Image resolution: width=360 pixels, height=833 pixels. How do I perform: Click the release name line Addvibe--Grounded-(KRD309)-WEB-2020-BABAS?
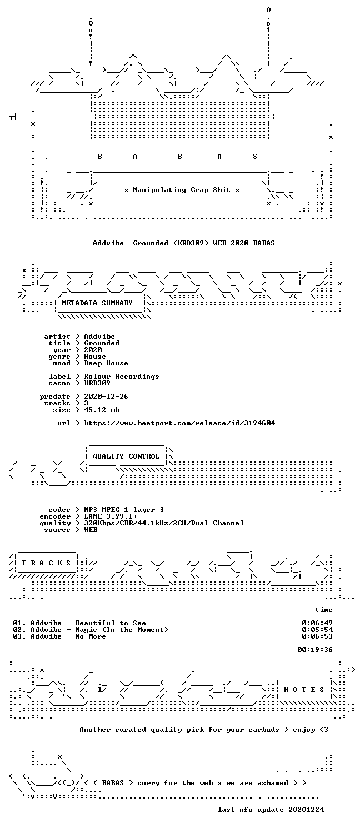pyautogui.click(x=184, y=243)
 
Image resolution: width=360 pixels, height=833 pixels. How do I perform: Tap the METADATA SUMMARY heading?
pyautogui.click(x=97, y=303)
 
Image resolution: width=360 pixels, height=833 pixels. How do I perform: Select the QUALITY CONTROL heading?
pyautogui.click(x=126, y=456)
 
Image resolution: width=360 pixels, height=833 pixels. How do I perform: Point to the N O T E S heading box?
pyautogui.click(x=304, y=690)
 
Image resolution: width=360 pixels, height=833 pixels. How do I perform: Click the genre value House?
pyautogui.click(x=95, y=357)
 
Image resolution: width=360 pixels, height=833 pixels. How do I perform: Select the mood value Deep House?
pyautogui.click(x=106, y=363)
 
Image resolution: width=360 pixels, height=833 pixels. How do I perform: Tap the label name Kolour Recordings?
pyautogui.click(x=122, y=377)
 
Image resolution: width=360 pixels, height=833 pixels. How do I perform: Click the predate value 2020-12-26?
pyautogui.click(x=106, y=397)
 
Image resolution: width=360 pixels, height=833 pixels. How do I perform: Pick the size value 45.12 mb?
pyautogui.click(x=102, y=410)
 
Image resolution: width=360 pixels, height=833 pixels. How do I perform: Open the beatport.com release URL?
pyautogui.click(x=179, y=423)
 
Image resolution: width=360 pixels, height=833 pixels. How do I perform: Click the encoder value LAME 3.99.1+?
pyautogui.click(x=111, y=516)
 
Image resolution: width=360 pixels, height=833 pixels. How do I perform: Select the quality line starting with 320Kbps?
pyautogui.click(x=164, y=523)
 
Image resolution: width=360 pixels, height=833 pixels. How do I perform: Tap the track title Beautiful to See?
pyautogui.click(x=111, y=623)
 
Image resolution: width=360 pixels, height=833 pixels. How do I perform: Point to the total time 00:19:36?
pyautogui.click(x=315, y=650)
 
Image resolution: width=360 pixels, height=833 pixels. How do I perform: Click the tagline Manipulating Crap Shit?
pyautogui.click(x=182, y=190)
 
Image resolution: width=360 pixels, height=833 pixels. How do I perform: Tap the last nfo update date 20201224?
pyautogui.click(x=306, y=810)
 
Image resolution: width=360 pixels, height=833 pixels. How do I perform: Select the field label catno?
pyautogui.click(x=59, y=383)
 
